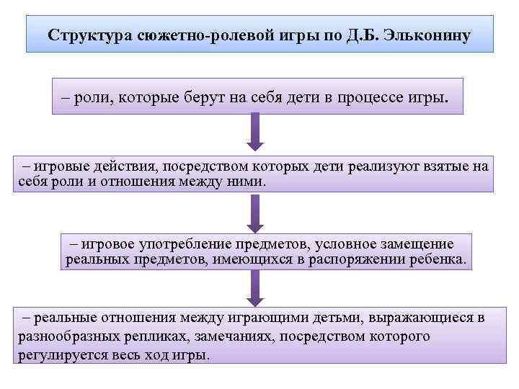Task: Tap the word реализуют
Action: pyautogui.click(x=380, y=167)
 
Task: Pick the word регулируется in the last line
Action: pyautogui.click(x=55, y=355)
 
